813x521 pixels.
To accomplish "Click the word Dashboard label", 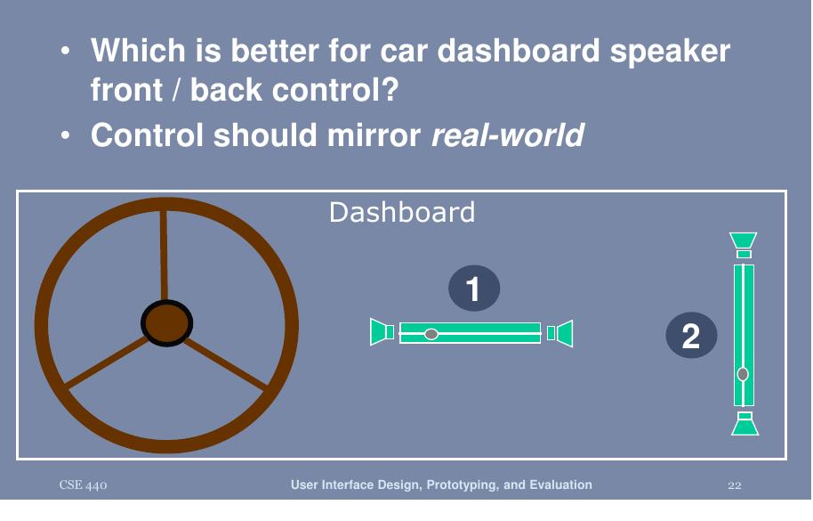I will tap(401, 212).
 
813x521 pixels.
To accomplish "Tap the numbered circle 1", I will tap(474, 289).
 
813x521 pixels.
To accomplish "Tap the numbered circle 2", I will tap(691, 337).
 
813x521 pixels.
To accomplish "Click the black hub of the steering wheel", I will tap(166, 325).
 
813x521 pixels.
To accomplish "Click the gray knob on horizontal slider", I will tap(431, 334).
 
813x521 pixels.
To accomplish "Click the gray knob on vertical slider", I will tap(743, 374).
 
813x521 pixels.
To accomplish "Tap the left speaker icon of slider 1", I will tap(382, 332).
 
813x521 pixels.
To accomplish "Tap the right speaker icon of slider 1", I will tap(560, 333).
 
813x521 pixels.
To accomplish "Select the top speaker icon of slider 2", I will tap(744, 244).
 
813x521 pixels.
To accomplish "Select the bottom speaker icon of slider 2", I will tap(745, 424).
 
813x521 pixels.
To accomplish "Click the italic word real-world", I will tap(507, 135).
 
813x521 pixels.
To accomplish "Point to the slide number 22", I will tap(734, 485).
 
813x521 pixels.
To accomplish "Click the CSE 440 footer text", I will tap(84, 485).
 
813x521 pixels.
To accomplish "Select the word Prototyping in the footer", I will tap(461, 485).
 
